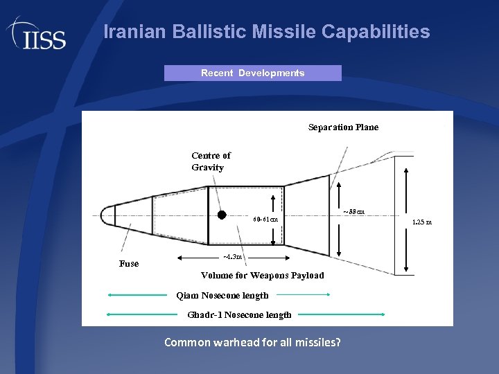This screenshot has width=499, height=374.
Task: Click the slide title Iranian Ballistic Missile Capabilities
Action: point(266,32)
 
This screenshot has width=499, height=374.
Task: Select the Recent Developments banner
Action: point(252,73)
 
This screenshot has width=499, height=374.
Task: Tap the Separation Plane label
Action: point(343,127)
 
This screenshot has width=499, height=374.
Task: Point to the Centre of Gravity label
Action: point(211,161)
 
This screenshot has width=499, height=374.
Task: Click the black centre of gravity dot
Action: point(222,215)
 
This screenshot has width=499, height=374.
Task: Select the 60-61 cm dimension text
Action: point(265,220)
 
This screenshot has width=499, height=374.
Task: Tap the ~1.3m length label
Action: point(232,257)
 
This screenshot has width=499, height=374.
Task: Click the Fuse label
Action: point(129,264)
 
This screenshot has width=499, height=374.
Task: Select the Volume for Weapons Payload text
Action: point(262,276)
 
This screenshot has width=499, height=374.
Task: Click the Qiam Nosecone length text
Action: point(222,296)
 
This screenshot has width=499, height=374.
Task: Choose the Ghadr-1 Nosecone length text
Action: point(239,315)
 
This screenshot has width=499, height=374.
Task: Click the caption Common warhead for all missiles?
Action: point(252,342)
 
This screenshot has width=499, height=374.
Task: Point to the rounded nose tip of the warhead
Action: point(105,215)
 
